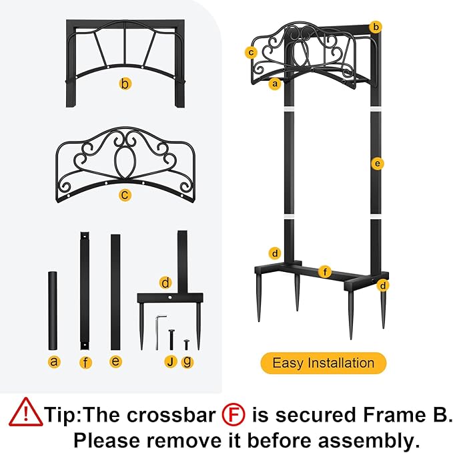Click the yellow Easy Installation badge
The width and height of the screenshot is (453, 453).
pyautogui.click(x=324, y=363)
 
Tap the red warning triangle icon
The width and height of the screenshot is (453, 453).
pyautogui.click(x=26, y=412)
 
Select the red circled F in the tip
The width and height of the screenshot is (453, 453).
pyautogui.click(x=234, y=414)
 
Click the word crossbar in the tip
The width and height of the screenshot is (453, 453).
pyautogui.click(x=171, y=414)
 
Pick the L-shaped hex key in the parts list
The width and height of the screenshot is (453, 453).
pyautogui.click(x=159, y=332)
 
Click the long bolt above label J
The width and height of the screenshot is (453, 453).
pyautogui.click(x=171, y=339)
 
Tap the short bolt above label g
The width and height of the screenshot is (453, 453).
pyautogui.click(x=186, y=345)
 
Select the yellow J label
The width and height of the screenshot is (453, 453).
pyautogui.click(x=171, y=361)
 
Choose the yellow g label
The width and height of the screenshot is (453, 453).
pyautogui.click(x=187, y=361)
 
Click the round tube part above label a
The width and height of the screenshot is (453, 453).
pyautogui.click(x=53, y=311)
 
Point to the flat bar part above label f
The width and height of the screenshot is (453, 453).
pyautogui.click(x=85, y=291)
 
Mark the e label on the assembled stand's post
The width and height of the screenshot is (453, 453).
pyautogui.click(x=378, y=164)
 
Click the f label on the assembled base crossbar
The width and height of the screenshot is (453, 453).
pyautogui.click(x=325, y=272)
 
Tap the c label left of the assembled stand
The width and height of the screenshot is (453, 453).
pyautogui.click(x=251, y=52)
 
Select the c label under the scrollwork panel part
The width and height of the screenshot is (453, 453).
pyautogui.click(x=125, y=194)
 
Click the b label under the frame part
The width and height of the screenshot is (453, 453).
pyautogui.click(x=125, y=84)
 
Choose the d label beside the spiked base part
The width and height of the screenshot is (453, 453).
pyautogui.click(x=165, y=283)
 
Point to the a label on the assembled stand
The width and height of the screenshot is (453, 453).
pyautogui.click(x=275, y=84)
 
